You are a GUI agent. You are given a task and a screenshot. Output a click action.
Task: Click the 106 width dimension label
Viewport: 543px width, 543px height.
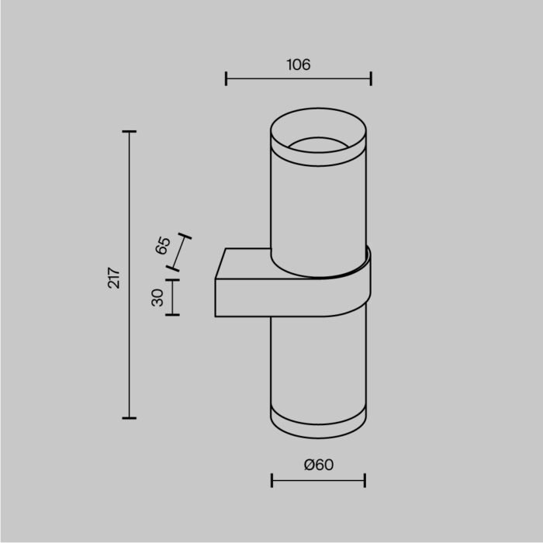[x=298, y=65]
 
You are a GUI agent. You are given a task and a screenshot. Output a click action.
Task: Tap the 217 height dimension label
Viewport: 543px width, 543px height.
[x=114, y=278]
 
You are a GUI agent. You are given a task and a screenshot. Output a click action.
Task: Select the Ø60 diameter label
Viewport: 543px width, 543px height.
[x=318, y=465]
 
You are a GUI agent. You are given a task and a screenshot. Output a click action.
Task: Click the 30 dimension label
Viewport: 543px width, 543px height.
[x=157, y=297]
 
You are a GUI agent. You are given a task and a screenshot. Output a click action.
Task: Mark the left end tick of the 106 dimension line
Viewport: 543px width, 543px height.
[x=226, y=78]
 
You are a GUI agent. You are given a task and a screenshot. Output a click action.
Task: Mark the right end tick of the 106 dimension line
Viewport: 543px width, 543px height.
[x=371, y=78]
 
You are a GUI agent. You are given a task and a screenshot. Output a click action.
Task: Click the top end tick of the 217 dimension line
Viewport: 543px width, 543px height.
[x=130, y=132]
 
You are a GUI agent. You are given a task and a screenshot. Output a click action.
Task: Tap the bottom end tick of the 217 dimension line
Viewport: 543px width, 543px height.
[x=130, y=418]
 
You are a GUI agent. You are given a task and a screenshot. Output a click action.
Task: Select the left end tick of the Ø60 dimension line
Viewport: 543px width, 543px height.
[x=272, y=481]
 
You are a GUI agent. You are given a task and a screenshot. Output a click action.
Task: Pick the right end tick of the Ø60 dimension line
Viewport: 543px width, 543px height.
[x=365, y=481]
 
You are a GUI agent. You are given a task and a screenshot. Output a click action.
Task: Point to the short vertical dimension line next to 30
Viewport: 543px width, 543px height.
[x=172, y=297]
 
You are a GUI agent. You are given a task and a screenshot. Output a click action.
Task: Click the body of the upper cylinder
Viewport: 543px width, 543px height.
[x=318, y=209]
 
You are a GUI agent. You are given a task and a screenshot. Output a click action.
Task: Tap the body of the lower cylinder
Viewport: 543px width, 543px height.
[x=318, y=365]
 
